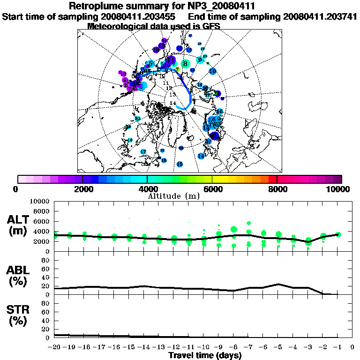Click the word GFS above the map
pos(210,26)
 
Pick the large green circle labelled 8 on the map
pos(185,63)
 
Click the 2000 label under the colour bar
pos(82,189)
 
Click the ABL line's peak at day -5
pos(278,284)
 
